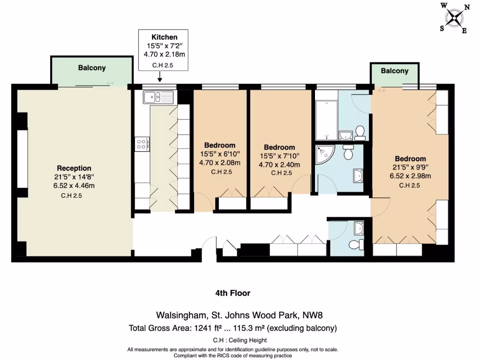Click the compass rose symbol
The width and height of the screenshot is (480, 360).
[x=454, y=18]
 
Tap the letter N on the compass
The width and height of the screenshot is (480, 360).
[x=466, y=7]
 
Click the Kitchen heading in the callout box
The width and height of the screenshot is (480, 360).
[x=164, y=37]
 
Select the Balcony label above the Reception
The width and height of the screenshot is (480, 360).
[x=91, y=68]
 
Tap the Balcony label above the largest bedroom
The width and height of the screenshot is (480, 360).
[x=394, y=71]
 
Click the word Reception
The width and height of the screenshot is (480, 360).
[x=74, y=168]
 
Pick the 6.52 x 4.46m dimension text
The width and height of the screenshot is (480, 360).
[x=74, y=185]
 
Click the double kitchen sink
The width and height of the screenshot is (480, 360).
[x=158, y=97]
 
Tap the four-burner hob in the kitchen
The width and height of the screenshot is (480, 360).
[x=142, y=143]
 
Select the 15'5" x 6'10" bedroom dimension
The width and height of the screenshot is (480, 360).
[x=220, y=154]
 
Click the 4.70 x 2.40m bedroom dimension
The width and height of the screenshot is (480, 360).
[x=279, y=165]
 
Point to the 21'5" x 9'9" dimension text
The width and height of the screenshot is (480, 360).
[x=410, y=167]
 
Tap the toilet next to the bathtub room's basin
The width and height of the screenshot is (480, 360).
[x=360, y=133]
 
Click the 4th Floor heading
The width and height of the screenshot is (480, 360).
[x=232, y=293]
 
